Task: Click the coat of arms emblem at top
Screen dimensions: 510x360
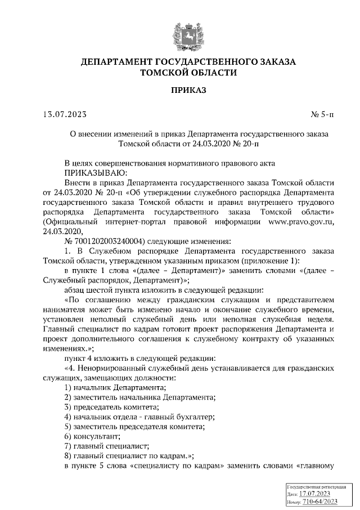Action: (188, 33)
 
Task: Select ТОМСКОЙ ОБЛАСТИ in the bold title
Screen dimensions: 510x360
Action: (188, 73)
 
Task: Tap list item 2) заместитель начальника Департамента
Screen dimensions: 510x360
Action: (139, 397)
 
